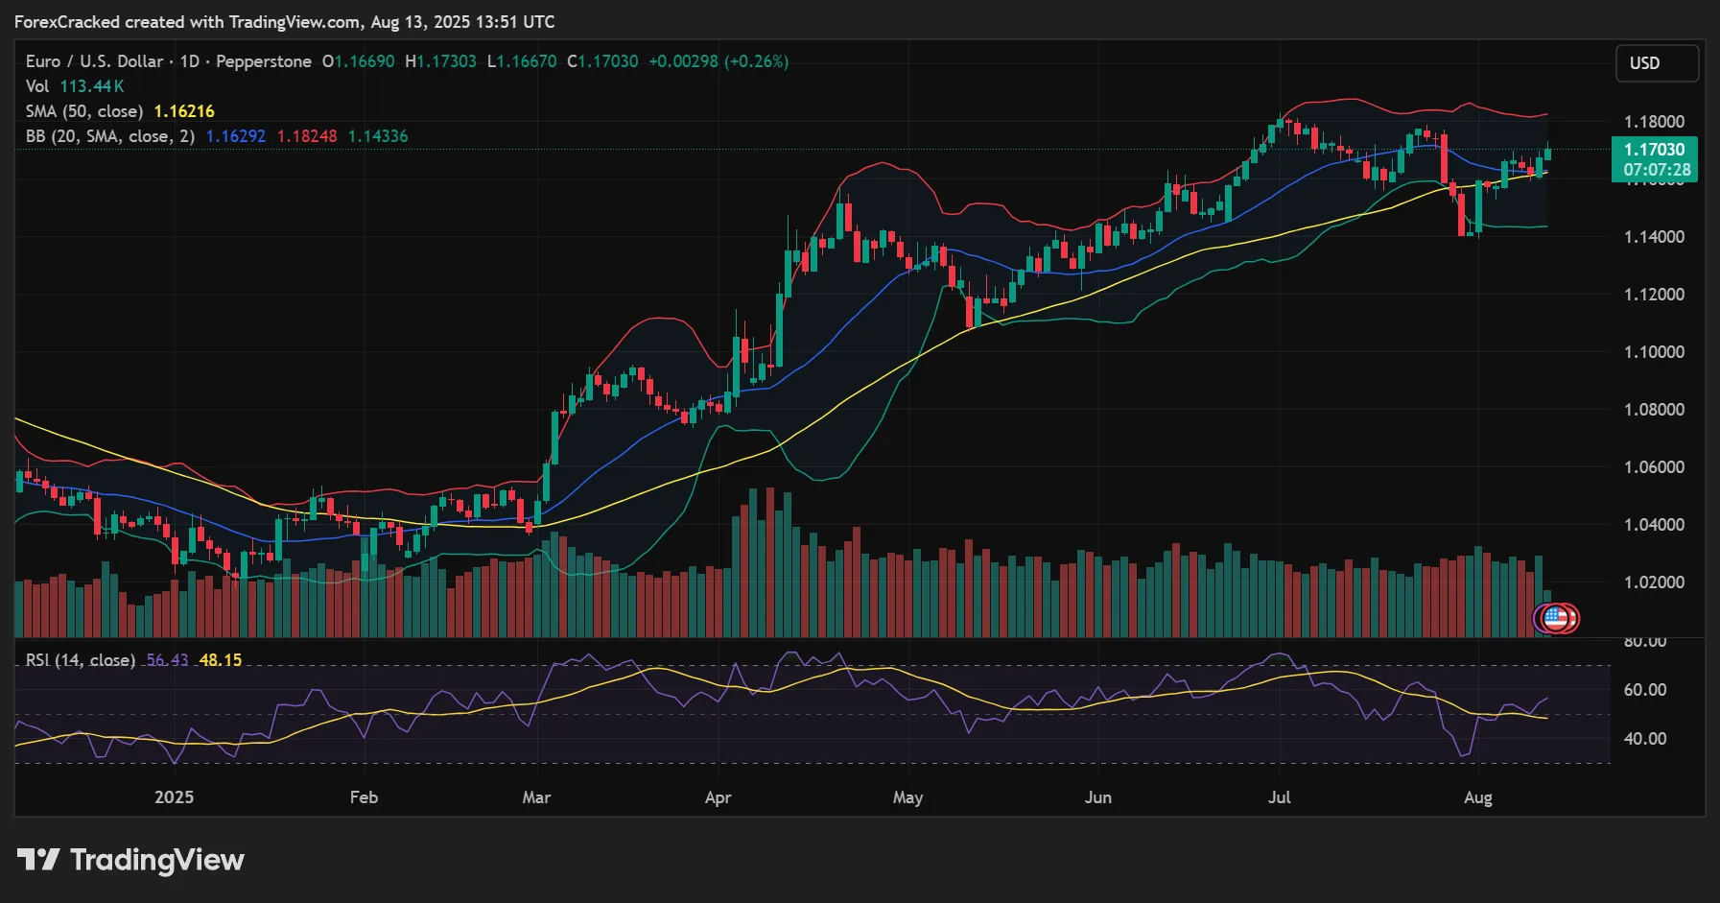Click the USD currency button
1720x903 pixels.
point(1657,63)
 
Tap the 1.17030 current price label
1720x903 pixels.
point(1654,150)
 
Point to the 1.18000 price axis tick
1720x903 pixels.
point(1654,122)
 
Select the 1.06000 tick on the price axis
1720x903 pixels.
point(1654,467)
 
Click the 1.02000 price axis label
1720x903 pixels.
point(1654,582)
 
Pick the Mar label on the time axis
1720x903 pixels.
point(536,797)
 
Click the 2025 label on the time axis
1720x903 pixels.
point(174,797)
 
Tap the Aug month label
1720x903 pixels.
point(1478,797)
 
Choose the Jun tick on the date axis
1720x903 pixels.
point(1097,797)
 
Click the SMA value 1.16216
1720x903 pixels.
point(184,111)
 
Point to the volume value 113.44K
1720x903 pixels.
point(92,86)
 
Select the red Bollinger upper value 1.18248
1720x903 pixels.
point(307,136)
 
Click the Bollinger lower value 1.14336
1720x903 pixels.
point(378,136)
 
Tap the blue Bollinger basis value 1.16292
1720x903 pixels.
point(236,136)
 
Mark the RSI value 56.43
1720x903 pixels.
point(167,660)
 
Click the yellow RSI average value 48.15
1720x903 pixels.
point(221,660)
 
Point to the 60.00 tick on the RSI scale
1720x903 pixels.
point(1644,690)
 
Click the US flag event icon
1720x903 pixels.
point(1555,619)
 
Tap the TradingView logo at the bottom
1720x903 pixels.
point(130,860)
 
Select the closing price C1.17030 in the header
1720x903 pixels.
point(602,61)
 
